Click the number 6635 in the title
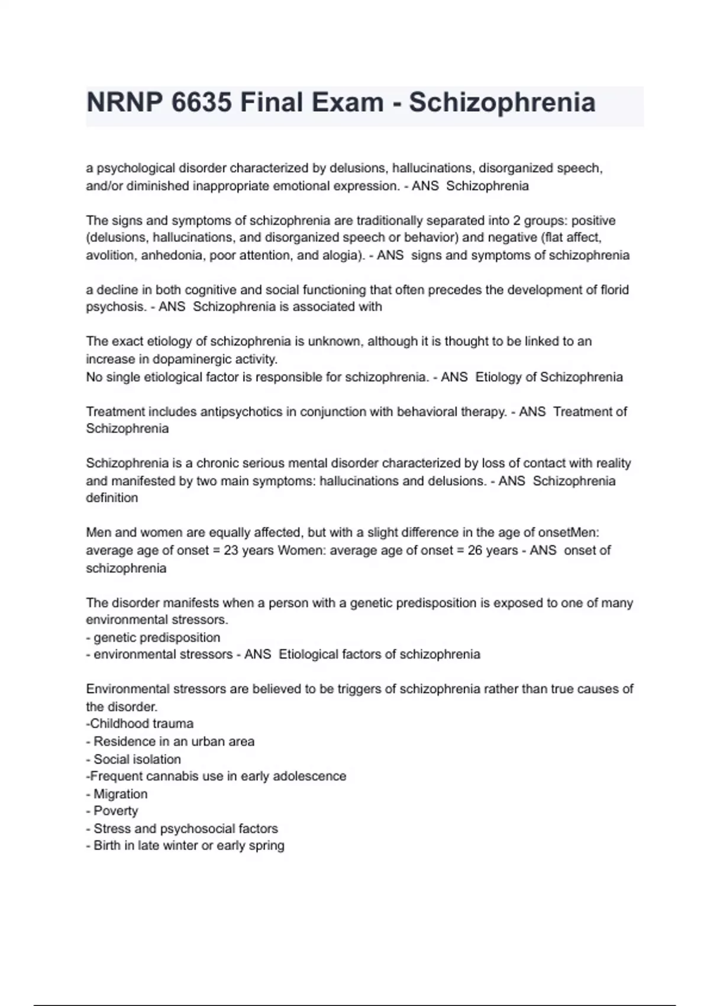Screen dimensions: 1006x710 click(201, 102)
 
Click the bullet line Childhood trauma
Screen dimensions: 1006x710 click(140, 724)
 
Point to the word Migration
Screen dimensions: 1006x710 click(121, 794)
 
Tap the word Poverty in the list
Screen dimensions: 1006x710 click(116, 811)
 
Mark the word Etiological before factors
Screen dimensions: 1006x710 click(308, 654)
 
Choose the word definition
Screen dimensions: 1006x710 click(112, 498)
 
